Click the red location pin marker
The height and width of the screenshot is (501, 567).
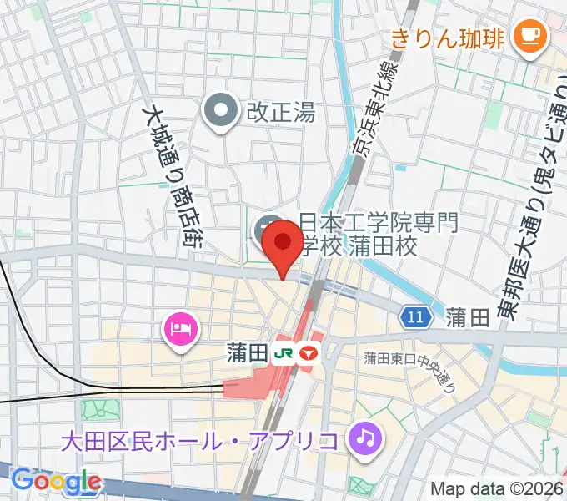283,244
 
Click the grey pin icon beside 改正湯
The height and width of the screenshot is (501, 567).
221,111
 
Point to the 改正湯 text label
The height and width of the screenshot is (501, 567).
280,112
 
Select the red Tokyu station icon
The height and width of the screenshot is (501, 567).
310,353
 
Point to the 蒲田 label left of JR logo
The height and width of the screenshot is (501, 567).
246,353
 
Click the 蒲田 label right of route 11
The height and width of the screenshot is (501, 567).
467,317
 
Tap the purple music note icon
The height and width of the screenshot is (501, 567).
364,436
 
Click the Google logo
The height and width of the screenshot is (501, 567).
56,481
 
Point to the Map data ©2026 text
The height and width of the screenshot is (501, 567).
495,488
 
